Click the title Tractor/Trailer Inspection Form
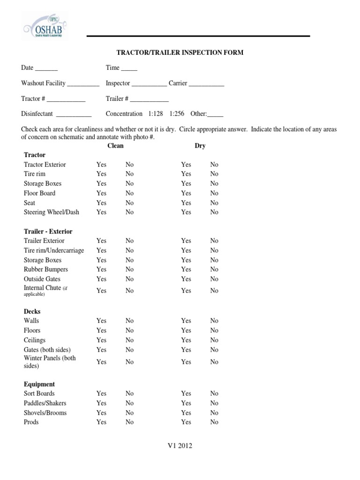[x=180, y=52]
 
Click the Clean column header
[x=115, y=146]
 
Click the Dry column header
[x=200, y=146]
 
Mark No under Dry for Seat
[x=214, y=203]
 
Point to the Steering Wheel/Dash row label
[x=52, y=212]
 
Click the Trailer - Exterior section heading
[x=48, y=232]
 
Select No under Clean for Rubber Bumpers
[x=129, y=270]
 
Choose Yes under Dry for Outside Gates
[x=186, y=279]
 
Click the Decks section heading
[x=32, y=311]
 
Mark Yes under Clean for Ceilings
[x=101, y=340]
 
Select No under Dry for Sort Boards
[x=214, y=394]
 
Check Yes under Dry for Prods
[x=186, y=422]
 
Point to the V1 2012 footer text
[x=180, y=446]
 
